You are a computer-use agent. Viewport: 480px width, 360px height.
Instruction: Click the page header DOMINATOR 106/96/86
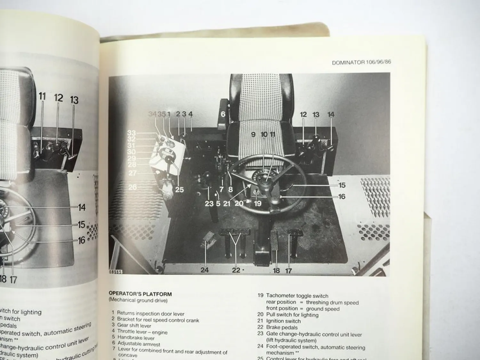(x=361, y=62)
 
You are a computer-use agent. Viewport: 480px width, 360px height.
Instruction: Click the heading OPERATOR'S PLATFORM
(x=140, y=294)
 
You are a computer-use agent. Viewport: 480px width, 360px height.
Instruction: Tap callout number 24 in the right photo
(x=204, y=270)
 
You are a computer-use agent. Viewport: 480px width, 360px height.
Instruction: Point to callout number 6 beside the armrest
(x=223, y=114)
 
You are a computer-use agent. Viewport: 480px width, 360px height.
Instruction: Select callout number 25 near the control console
(x=179, y=189)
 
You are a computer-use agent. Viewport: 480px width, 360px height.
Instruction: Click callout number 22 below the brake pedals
(x=236, y=270)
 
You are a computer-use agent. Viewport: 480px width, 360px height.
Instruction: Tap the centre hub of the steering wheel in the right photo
(x=266, y=185)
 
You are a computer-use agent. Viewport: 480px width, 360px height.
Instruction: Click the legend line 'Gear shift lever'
(x=134, y=326)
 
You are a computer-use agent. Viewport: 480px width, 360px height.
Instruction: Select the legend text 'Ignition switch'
(x=283, y=321)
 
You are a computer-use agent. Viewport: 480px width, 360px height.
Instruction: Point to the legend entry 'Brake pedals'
(x=282, y=327)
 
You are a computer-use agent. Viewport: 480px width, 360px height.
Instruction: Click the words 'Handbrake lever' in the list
(x=136, y=338)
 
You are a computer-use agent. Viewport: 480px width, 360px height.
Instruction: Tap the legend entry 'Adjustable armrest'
(x=139, y=344)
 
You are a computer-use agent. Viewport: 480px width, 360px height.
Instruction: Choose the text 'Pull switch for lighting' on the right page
(x=292, y=315)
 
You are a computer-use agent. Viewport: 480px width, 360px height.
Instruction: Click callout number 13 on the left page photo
(x=74, y=100)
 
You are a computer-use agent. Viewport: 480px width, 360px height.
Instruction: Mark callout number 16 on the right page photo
(x=342, y=196)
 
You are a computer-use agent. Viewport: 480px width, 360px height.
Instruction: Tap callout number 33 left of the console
(x=131, y=133)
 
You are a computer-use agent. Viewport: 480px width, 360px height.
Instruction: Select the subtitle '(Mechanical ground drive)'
(x=138, y=300)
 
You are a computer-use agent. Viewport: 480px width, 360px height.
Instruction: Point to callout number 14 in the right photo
(x=331, y=114)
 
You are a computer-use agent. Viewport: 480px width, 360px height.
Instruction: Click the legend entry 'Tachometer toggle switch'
(x=297, y=296)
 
